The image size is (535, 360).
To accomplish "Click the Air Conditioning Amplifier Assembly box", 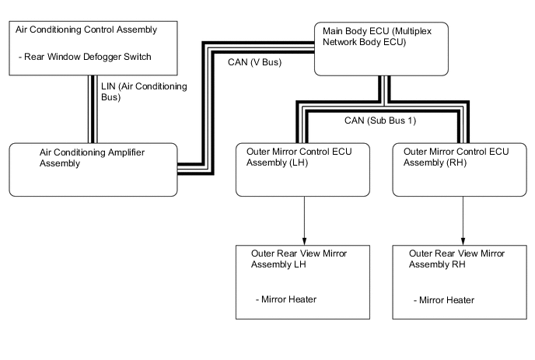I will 93,169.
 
